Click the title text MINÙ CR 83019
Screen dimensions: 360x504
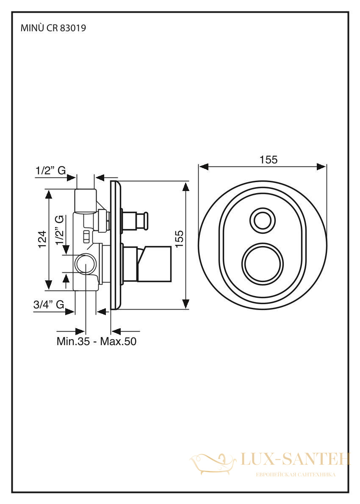(x=53, y=28)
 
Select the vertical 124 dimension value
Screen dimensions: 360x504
(x=43, y=239)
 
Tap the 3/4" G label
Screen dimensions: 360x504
(x=49, y=304)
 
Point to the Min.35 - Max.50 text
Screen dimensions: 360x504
(x=97, y=341)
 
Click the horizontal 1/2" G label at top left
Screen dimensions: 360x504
(x=51, y=171)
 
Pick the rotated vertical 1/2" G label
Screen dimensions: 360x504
(x=59, y=230)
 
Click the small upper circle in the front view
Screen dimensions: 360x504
(x=263, y=220)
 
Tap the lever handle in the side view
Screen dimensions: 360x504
(x=154, y=263)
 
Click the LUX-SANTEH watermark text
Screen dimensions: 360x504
(x=295, y=460)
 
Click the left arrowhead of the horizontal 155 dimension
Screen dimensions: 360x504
(x=204, y=166)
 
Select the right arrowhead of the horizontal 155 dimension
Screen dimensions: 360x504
(x=321, y=166)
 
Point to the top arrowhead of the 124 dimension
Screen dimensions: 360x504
(x=49, y=194)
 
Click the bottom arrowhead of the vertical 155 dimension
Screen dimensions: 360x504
(x=186, y=304)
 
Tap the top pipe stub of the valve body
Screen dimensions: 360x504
(x=86, y=201)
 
